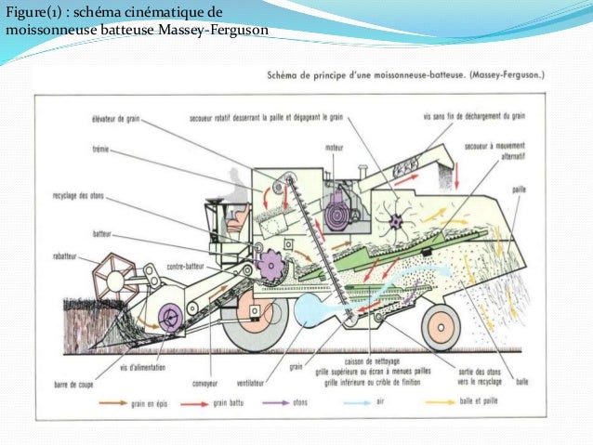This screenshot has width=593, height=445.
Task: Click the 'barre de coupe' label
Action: pos(76,383)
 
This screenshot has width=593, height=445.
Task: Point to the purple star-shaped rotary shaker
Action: pos(400,222)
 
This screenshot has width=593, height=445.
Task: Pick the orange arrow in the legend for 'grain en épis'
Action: pos(86,404)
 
